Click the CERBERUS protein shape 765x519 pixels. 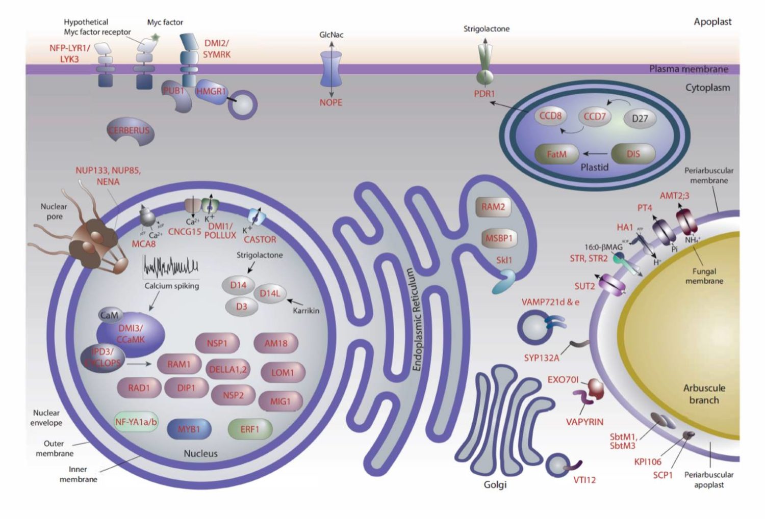[130, 131]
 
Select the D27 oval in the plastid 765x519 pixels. [640, 119]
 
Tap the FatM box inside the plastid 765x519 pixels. [556, 154]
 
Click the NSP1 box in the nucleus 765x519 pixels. [217, 343]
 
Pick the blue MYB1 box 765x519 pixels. [189, 429]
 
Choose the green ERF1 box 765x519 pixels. [249, 429]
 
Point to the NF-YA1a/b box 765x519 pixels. [136, 422]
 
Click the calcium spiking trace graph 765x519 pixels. [171, 266]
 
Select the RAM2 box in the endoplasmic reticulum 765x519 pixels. [493, 207]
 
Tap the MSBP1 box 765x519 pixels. [498, 238]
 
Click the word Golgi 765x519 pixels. [495, 485]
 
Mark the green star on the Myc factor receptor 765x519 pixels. [156, 37]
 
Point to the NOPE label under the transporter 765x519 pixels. [330, 102]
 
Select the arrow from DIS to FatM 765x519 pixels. [595, 153]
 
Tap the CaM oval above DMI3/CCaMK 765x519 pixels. [109, 315]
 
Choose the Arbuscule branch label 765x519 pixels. [704, 394]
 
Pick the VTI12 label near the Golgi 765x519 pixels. [584, 480]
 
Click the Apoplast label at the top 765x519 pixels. [712, 22]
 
